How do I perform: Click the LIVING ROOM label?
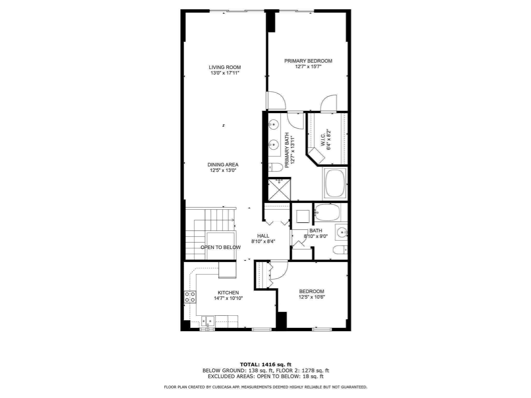tap(225, 67)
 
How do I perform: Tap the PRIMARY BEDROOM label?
tap(308, 61)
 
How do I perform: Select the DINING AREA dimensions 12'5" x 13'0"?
tap(223, 170)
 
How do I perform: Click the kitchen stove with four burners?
tap(190, 297)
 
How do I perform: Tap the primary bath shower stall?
tap(279, 189)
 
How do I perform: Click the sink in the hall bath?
tap(341, 232)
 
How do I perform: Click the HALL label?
tap(263, 236)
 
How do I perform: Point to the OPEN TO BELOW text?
tap(220, 247)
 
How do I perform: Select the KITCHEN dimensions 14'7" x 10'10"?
tap(228, 298)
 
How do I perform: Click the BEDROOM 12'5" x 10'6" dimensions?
tap(312, 297)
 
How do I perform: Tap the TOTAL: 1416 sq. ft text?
tap(265, 365)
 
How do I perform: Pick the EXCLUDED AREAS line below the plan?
tap(265, 376)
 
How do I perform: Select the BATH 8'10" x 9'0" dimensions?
tap(316, 236)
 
